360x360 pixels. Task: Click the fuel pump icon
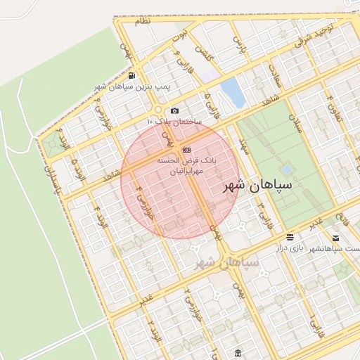[132, 76]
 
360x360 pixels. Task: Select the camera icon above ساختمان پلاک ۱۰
[174, 110]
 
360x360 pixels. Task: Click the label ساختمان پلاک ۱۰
[174, 122]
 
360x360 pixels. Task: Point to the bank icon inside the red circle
[186, 150]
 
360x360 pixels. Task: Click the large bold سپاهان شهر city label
[253, 186]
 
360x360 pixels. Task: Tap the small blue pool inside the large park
[286, 169]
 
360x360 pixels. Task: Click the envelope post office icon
[335, 238]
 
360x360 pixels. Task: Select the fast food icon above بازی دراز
[290, 238]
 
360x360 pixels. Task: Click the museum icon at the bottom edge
[238, 352]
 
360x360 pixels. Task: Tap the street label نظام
[143, 22]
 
